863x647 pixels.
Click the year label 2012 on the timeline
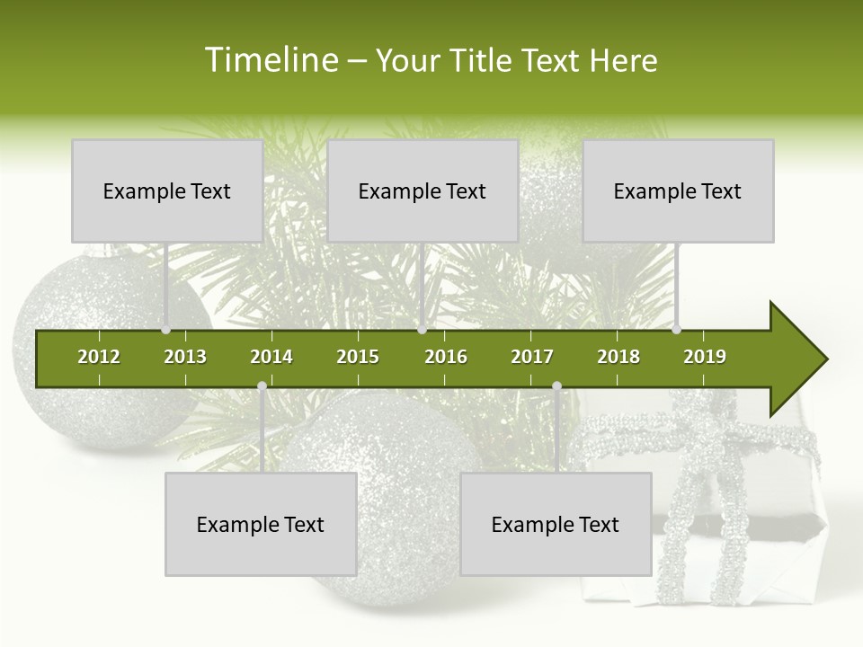(x=99, y=357)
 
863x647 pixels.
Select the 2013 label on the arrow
(x=185, y=357)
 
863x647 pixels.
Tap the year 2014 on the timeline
(x=271, y=357)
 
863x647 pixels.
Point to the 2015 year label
(x=358, y=357)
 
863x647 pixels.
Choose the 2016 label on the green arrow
(x=446, y=357)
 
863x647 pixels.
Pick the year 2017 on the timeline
(x=532, y=357)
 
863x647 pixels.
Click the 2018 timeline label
(x=618, y=357)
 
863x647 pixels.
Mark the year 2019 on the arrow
(x=705, y=357)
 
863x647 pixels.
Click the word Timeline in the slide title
(x=271, y=60)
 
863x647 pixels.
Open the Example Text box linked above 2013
(x=167, y=191)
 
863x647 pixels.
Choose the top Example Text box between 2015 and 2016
(x=423, y=191)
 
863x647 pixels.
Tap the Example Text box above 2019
(x=678, y=191)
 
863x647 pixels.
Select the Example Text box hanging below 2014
(x=261, y=524)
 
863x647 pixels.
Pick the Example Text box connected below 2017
(x=556, y=524)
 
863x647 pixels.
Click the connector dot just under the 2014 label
(x=262, y=386)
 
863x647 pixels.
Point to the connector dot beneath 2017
(x=556, y=386)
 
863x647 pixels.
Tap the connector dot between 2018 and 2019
(x=677, y=330)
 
